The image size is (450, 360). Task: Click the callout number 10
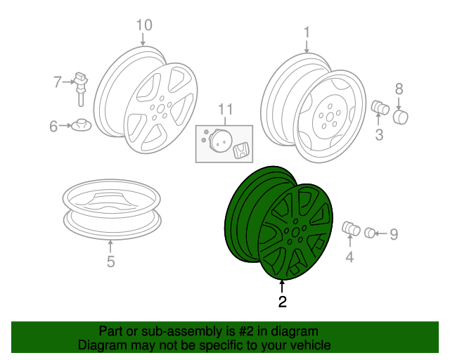click(x=143, y=25)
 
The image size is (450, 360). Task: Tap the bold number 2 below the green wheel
click(x=282, y=302)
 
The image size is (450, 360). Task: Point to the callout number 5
click(x=110, y=263)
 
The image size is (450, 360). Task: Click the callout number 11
click(x=224, y=109)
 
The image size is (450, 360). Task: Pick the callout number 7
click(x=58, y=82)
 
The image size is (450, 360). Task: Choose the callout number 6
click(x=53, y=127)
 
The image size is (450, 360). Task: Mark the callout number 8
click(x=399, y=89)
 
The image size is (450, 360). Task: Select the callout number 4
click(x=349, y=257)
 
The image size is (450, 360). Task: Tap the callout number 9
click(x=394, y=234)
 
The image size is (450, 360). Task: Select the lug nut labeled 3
click(x=380, y=108)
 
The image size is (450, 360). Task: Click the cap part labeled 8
click(x=401, y=115)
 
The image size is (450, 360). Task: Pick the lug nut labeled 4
click(x=350, y=229)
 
